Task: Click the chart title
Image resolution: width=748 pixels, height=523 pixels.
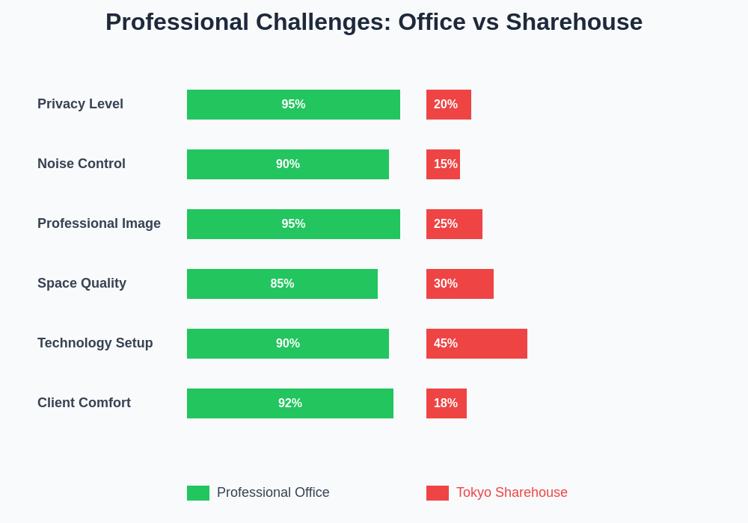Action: (x=374, y=22)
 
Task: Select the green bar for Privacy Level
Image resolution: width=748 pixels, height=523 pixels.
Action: (x=293, y=105)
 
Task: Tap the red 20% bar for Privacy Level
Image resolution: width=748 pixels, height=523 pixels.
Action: (x=449, y=105)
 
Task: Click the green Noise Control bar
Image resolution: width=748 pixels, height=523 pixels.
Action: (x=288, y=164)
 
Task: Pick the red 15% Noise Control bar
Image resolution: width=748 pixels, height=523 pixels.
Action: (x=443, y=164)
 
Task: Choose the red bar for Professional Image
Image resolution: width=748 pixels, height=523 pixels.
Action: (x=454, y=224)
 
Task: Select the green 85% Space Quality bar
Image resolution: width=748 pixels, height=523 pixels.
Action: (x=282, y=284)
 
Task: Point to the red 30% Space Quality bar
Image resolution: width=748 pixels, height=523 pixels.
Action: (x=460, y=284)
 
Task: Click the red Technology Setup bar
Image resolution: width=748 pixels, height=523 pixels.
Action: (x=476, y=344)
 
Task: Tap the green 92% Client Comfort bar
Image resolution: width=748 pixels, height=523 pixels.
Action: (x=290, y=403)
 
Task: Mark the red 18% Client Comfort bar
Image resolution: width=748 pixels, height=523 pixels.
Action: (x=447, y=403)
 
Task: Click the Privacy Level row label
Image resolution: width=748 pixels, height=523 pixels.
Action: (x=80, y=104)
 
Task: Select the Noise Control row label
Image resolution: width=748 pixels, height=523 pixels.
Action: (x=82, y=164)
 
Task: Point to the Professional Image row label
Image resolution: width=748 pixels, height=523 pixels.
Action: (x=99, y=223)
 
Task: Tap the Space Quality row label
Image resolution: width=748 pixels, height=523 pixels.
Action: (x=82, y=283)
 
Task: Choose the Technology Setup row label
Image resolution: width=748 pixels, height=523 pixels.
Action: (x=95, y=343)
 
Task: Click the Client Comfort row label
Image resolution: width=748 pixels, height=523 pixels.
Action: (x=84, y=403)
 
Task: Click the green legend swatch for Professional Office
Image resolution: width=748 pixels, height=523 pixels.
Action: (x=198, y=493)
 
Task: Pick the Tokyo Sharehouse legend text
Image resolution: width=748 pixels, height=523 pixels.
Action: (x=512, y=492)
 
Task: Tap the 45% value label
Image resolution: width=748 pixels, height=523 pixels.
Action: (x=446, y=344)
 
